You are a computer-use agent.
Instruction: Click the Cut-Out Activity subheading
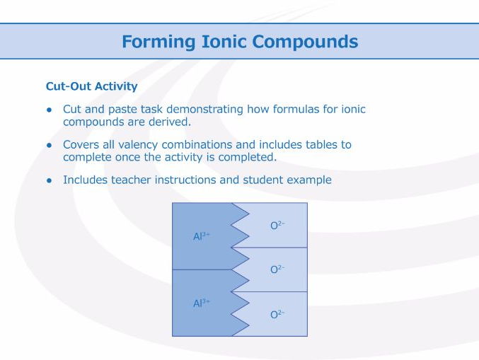click(91, 87)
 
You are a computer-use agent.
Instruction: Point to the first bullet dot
click(50, 110)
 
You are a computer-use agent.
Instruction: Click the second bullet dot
click(50, 145)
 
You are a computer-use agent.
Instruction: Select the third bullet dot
click(50, 180)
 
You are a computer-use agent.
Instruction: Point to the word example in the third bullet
click(309, 180)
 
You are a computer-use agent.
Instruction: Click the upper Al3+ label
click(202, 237)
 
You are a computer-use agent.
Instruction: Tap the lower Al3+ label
click(202, 303)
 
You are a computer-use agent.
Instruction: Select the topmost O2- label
click(277, 225)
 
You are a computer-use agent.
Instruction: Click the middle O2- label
click(277, 269)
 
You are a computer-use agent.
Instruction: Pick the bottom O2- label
click(277, 314)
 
